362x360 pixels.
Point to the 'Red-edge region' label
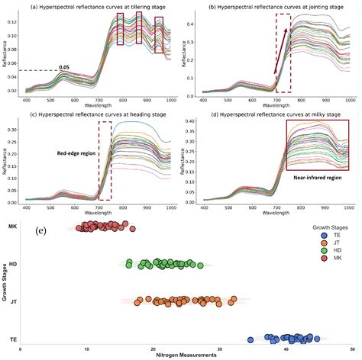click(x=77, y=153)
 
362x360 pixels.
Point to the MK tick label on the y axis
click(x=13, y=227)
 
